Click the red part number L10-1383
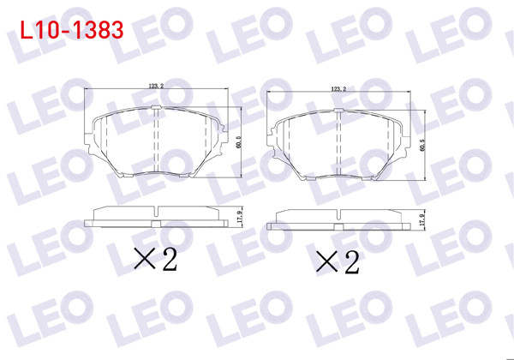point(72,31)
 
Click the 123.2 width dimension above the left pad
point(155,87)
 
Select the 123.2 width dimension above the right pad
point(338,88)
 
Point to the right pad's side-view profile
point(339,221)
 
